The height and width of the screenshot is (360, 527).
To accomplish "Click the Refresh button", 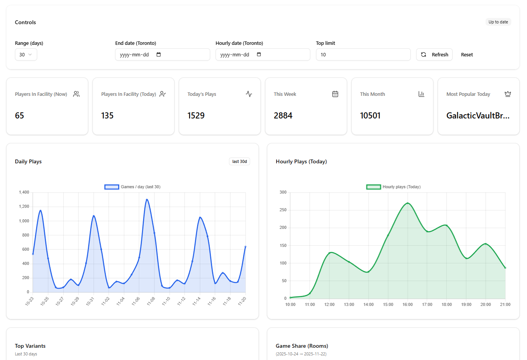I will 435,54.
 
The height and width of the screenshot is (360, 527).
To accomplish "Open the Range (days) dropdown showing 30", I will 26,54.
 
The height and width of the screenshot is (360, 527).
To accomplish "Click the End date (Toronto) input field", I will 162,54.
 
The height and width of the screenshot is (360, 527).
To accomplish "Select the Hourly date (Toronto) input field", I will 262,54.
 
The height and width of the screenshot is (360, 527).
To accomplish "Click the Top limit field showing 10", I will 363,54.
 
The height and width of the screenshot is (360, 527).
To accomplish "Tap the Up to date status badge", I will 498,22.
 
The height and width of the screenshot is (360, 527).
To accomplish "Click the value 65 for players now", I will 20,115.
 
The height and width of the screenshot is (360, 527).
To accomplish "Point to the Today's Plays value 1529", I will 196,115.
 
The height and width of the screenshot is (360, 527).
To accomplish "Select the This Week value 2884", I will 283,115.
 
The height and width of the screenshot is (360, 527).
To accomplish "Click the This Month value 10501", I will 370,115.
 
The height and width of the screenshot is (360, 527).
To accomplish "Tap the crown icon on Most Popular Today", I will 507,94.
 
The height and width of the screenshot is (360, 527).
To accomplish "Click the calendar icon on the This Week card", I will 335,94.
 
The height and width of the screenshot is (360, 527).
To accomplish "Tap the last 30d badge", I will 239,161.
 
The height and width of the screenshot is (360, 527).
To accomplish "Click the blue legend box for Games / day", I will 112,187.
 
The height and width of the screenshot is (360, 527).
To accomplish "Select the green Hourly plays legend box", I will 373,187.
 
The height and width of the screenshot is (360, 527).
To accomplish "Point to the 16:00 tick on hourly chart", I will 407,304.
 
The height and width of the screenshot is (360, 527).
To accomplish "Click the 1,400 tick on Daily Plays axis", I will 24,192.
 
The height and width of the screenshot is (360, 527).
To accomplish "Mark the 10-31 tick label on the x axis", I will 90,301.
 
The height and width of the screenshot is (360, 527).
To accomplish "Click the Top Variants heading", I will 30,346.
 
